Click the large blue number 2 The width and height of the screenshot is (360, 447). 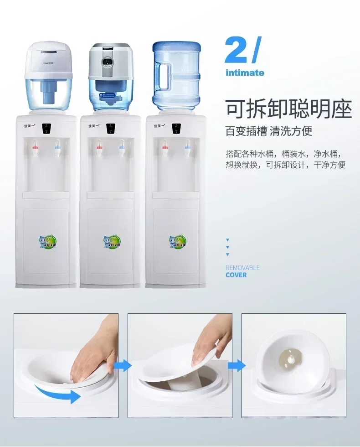click(x=236, y=52)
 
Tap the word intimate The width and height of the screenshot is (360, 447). click(x=245, y=73)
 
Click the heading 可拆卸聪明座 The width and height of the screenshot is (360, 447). click(x=289, y=109)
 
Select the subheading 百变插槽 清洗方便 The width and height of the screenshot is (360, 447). click(x=269, y=132)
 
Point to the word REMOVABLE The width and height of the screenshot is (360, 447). click(x=242, y=268)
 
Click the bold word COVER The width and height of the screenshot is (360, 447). click(x=236, y=275)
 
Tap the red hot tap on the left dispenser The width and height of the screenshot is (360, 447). click(x=35, y=149)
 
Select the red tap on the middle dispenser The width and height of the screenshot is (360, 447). click(x=99, y=148)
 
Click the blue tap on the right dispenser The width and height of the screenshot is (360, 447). click(x=187, y=148)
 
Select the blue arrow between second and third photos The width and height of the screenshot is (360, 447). click(x=236, y=365)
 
